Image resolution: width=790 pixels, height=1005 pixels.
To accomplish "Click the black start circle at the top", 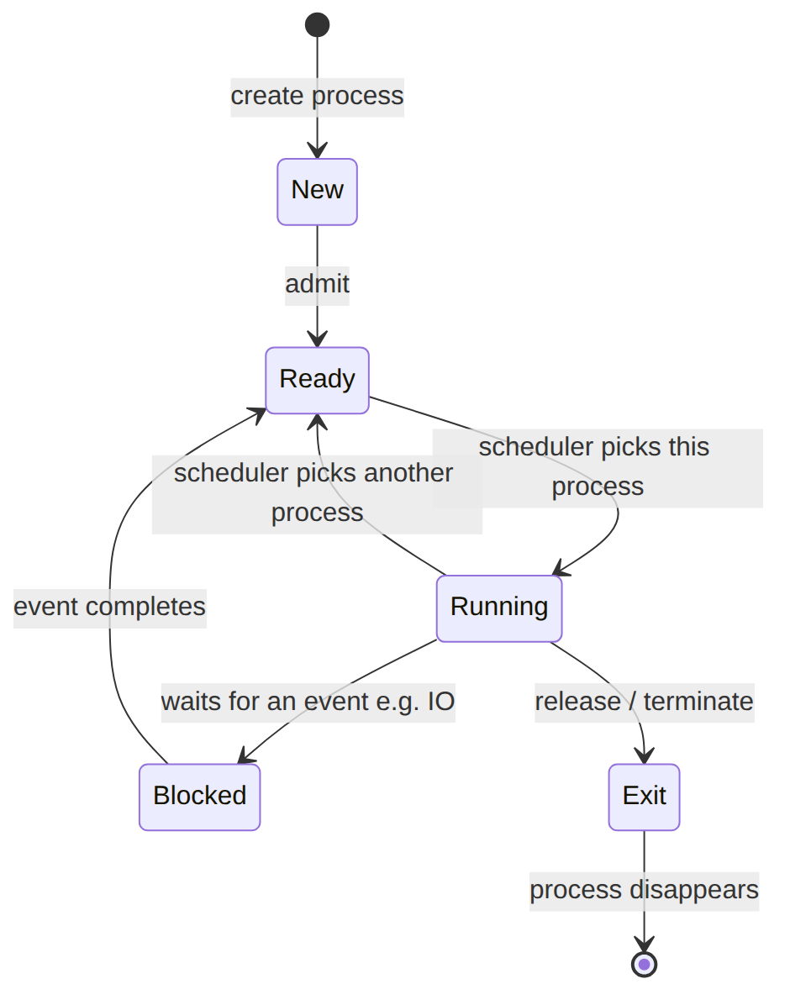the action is pos(317,25).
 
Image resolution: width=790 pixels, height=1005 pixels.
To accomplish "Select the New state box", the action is pos(317,192).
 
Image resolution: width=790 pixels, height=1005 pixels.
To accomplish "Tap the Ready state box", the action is pos(317,380).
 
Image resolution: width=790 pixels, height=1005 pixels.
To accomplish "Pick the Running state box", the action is pos(499,608).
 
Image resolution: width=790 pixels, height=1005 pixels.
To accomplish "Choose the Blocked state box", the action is pos(199,797).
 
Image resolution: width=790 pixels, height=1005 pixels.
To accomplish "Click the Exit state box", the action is pos(644,797).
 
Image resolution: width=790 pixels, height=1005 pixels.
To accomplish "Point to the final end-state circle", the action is pos(644,964).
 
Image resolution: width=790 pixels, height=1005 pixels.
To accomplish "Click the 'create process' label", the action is pos(317,96).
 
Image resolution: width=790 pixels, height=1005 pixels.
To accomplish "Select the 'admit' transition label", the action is pos(317,284).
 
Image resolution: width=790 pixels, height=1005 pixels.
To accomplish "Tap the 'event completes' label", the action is pos(109,607).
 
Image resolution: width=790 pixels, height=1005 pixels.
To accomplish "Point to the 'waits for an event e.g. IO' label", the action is pos(308,702).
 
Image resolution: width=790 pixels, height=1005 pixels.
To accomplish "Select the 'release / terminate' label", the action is pos(644,702).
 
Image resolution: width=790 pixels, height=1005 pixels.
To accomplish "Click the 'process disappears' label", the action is pos(644,890).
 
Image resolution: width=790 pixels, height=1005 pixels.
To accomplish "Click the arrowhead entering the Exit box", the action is pos(644,756).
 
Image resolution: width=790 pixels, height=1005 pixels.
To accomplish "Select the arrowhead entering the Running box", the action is pos(561,567).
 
